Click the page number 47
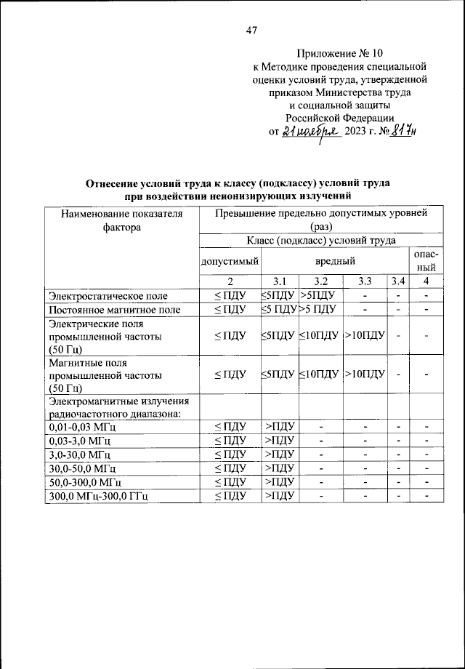point(252,31)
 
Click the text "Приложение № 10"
point(339,54)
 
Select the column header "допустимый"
point(229,260)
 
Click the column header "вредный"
point(335,260)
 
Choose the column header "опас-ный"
point(425,260)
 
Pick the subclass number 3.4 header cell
point(397,281)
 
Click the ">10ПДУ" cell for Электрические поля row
point(364,337)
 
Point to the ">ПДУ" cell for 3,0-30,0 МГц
point(278,455)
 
